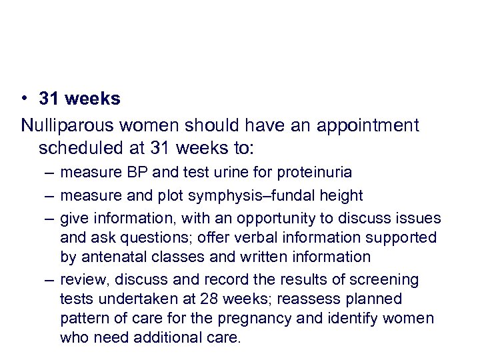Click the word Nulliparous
tap(65, 125)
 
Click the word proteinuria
tap(317, 173)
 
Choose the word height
tap(340, 195)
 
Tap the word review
tap(79, 279)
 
